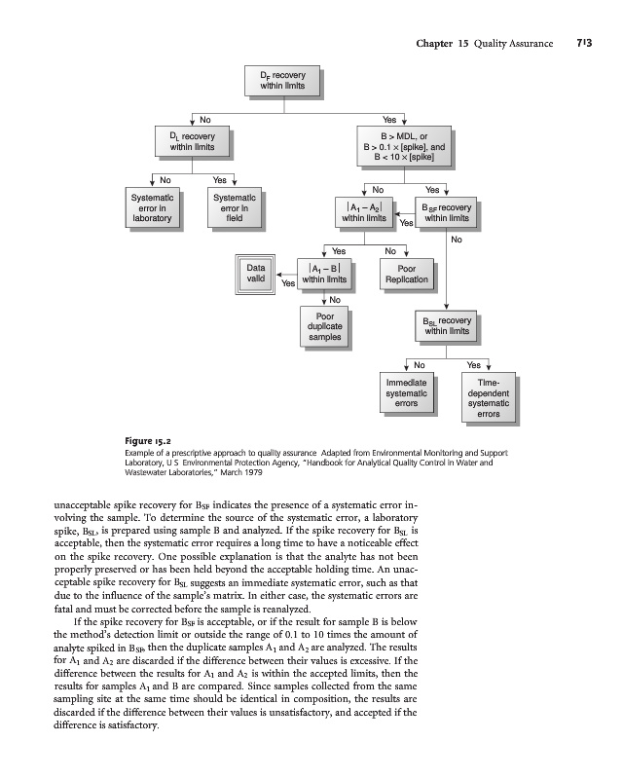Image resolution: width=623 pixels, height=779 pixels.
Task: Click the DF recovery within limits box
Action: [281, 80]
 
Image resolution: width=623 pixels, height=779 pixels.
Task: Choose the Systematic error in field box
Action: [234, 208]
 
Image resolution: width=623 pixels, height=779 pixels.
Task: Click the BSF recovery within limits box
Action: [447, 212]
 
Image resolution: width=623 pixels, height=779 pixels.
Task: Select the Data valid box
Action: [256, 273]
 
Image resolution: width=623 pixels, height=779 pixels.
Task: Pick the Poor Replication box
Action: [407, 273]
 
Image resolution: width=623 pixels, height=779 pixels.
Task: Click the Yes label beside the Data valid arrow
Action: [289, 283]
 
